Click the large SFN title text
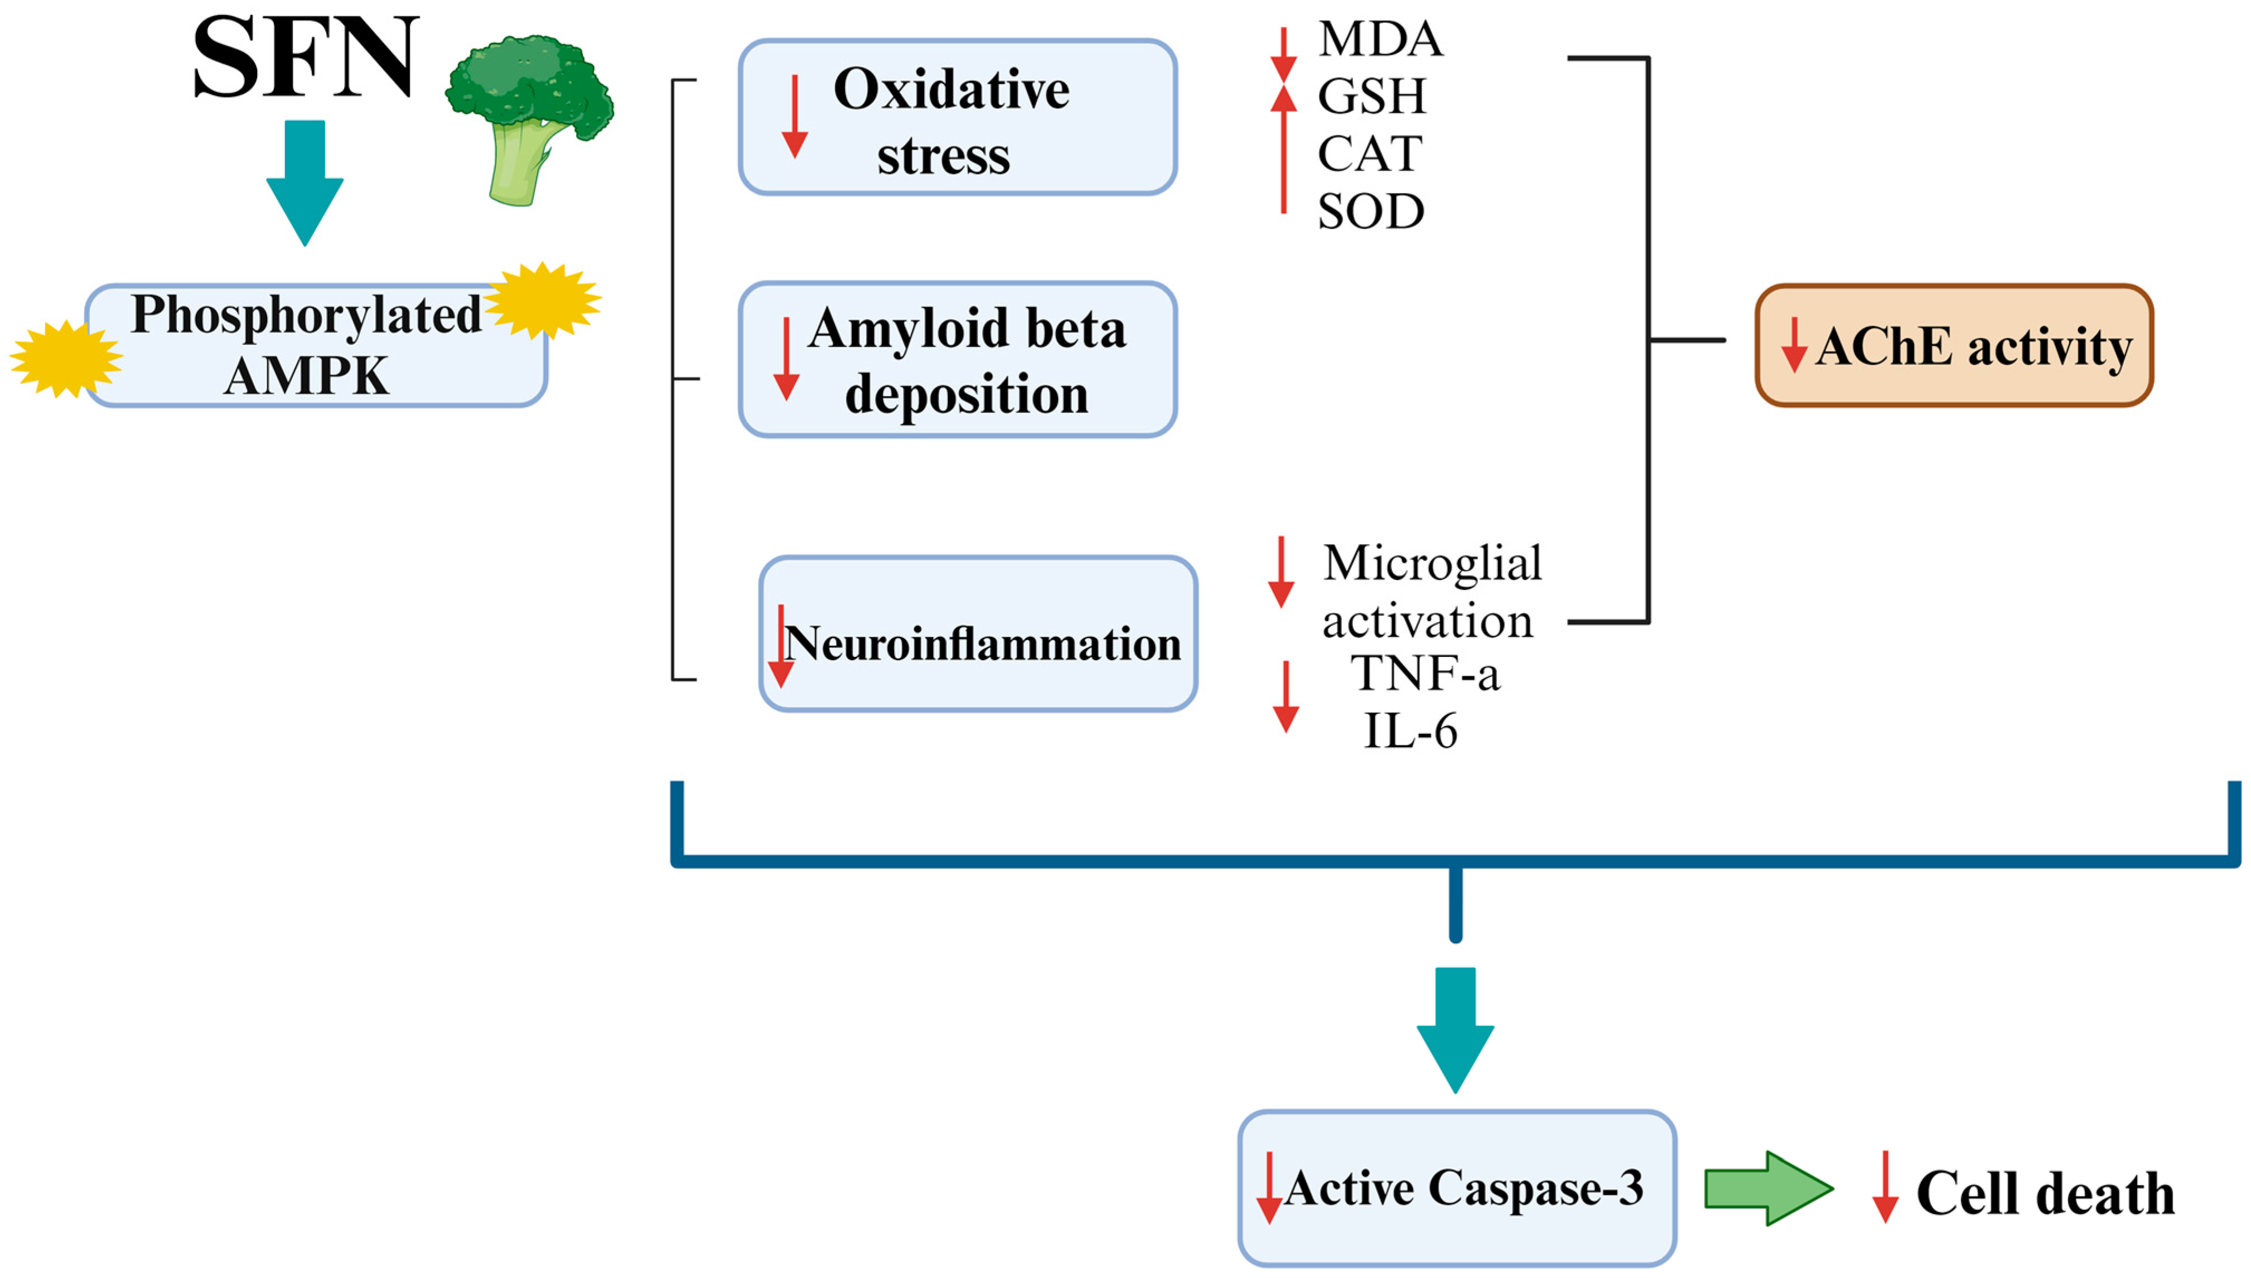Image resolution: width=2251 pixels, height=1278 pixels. (305, 58)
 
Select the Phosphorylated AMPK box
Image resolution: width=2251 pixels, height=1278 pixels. (316, 345)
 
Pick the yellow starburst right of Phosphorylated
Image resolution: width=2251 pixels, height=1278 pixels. (543, 300)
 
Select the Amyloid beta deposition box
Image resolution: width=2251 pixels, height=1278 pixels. (957, 360)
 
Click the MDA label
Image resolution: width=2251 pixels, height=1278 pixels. (1379, 40)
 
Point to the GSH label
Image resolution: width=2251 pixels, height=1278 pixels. (1371, 96)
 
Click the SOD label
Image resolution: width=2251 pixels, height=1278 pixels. (1370, 211)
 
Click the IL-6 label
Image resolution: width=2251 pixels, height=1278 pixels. (1410, 730)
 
